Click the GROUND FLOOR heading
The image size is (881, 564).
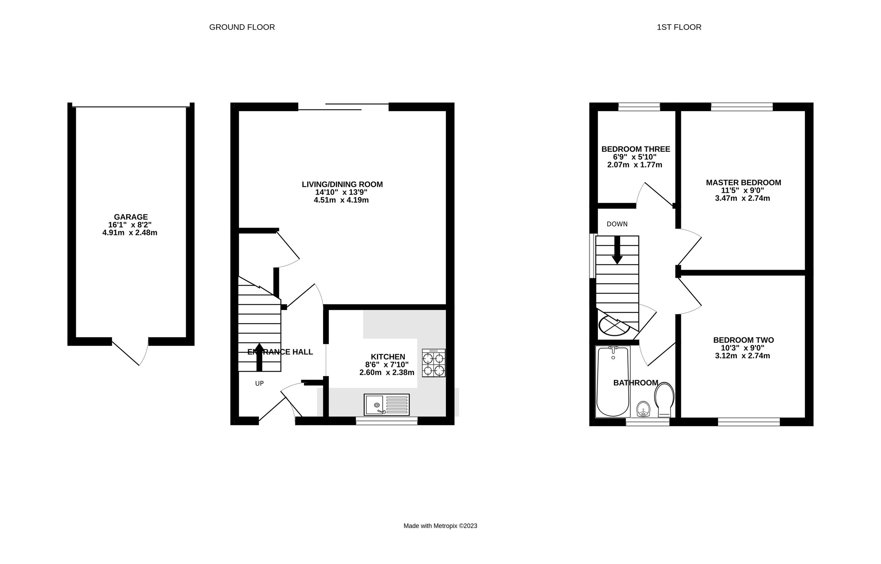tap(242, 27)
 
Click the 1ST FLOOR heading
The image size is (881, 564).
tap(679, 27)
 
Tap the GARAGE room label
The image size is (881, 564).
tap(131, 217)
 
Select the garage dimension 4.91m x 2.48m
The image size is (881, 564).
tap(130, 233)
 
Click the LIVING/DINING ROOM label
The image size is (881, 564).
tap(342, 184)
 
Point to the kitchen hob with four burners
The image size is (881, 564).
tap(434, 363)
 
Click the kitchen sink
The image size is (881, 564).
tap(387, 405)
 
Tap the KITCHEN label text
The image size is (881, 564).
tap(388, 357)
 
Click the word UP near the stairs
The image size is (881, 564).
tap(259, 383)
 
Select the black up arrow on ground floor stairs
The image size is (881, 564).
tap(259, 356)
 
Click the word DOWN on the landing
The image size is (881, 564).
tap(617, 224)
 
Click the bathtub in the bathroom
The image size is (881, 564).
tap(612, 382)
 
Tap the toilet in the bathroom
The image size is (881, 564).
tap(664, 399)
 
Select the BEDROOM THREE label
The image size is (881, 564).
tap(636, 149)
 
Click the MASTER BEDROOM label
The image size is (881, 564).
tap(743, 182)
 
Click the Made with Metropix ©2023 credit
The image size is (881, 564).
tap(440, 526)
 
